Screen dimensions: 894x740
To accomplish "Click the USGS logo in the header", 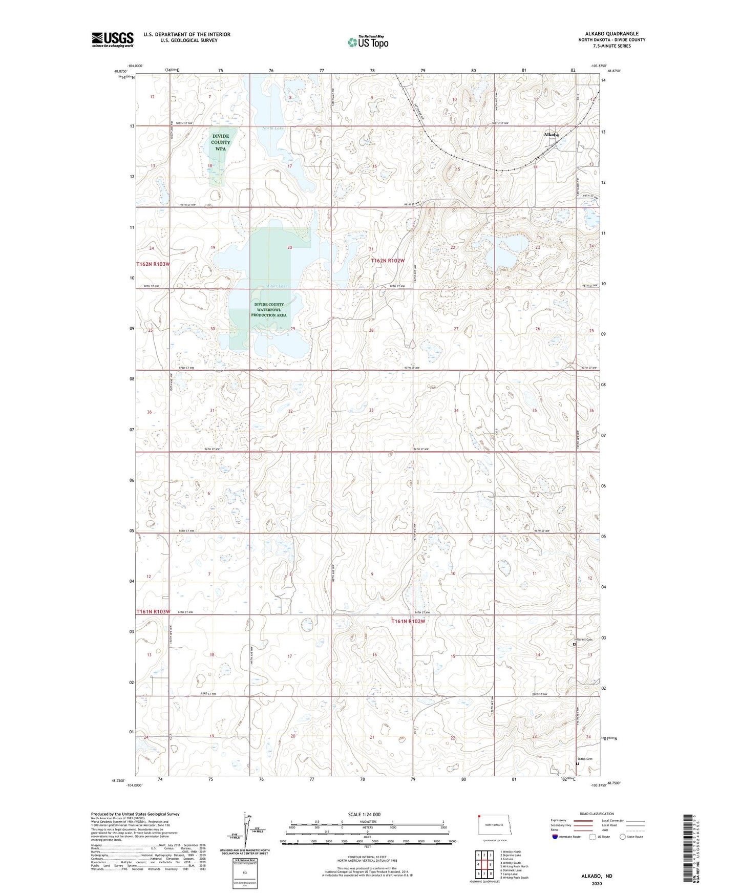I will coord(112,39).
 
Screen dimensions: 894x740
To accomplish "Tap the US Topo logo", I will coord(367,42).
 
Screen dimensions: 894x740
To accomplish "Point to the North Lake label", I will coord(272,128).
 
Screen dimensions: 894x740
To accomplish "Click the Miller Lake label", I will coord(277,286).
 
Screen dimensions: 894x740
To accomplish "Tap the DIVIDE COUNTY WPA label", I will coord(221,142).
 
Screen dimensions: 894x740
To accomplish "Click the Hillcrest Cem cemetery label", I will coord(582,640).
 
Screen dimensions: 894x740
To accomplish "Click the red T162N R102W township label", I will coord(388,261).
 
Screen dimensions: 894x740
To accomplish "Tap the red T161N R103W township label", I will coord(153,612).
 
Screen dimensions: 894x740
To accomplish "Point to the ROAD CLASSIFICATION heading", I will coord(597,814).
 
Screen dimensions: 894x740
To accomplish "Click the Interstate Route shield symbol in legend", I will coord(556,837).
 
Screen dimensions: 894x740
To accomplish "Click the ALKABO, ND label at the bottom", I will coord(597,876).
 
